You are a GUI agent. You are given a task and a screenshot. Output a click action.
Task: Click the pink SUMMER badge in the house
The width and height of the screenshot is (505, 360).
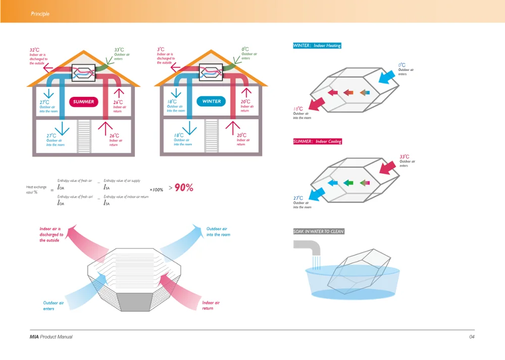point(83,101)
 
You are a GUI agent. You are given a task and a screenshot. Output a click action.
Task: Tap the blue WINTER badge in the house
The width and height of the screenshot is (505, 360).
point(212,101)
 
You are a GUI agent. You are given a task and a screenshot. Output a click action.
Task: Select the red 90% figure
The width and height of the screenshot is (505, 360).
point(184,187)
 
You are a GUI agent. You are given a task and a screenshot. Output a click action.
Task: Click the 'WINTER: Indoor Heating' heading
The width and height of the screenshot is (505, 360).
point(317,45)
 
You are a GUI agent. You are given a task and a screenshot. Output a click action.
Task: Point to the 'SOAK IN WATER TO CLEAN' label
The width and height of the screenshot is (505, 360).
point(319,231)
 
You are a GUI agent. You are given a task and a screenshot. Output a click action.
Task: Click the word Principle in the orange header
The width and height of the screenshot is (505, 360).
point(40,14)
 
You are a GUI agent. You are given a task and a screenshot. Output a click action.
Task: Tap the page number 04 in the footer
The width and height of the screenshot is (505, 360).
point(472,337)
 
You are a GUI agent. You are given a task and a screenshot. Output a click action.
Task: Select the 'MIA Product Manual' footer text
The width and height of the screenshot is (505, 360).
point(51,337)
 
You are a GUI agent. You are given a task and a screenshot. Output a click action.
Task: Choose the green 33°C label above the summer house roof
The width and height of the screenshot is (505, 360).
point(119,50)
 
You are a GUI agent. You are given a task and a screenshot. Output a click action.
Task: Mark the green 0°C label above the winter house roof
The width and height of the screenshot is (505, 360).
point(245,49)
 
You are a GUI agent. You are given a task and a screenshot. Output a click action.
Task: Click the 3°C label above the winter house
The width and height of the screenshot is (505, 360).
point(160,49)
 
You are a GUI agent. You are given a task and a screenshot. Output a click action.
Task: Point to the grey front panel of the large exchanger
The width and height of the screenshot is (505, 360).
point(135,302)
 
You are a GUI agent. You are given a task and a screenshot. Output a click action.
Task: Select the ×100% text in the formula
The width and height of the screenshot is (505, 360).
point(157,190)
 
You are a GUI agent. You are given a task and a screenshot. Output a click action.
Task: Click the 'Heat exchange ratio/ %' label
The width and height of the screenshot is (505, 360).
point(36,190)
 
